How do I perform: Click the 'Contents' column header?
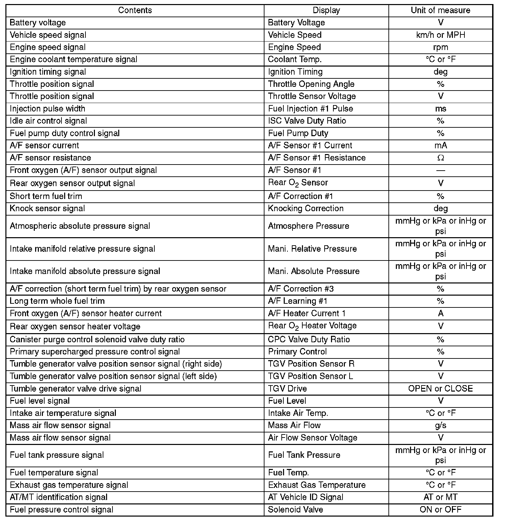pyautogui.click(x=135, y=10)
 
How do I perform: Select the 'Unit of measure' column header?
pyautogui.click(x=440, y=10)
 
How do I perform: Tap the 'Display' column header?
pyautogui.click(x=326, y=10)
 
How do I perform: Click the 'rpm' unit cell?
pyautogui.click(x=440, y=47)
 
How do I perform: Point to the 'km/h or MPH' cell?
pyautogui.click(x=440, y=35)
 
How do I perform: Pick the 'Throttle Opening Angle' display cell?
pyautogui.click(x=311, y=84)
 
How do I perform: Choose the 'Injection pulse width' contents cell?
pyautogui.click(x=47, y=109)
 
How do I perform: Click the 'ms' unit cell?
pyautogui.click(x=440, y=109)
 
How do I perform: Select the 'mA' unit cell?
pyautogui.click(x=440, y=146)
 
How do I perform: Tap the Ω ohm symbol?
pyautogui.click(x=440, y=158)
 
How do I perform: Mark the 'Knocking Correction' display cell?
pyautogui.click(x=305, y=208)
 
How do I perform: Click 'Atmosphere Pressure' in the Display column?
pyautogui.click(x=308, y=226)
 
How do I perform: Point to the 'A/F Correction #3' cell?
pyautogui.click(x=301, y=289)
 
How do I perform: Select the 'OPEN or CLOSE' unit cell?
pyautogui.click(x=440, y=389)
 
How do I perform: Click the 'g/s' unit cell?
pyautogui.click(x=440, y=425)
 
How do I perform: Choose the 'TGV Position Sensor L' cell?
pyautogui.click(x=310, y=376)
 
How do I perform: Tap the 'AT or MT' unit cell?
pyautogui.click(x=440, y=497)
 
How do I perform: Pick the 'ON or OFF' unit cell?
pyautogui.click(x=440, y=509)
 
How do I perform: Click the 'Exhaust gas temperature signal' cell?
pyautogui.click(x=69, y=485)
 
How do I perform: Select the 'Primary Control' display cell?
pyautogui.click(x=297, y=352)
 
